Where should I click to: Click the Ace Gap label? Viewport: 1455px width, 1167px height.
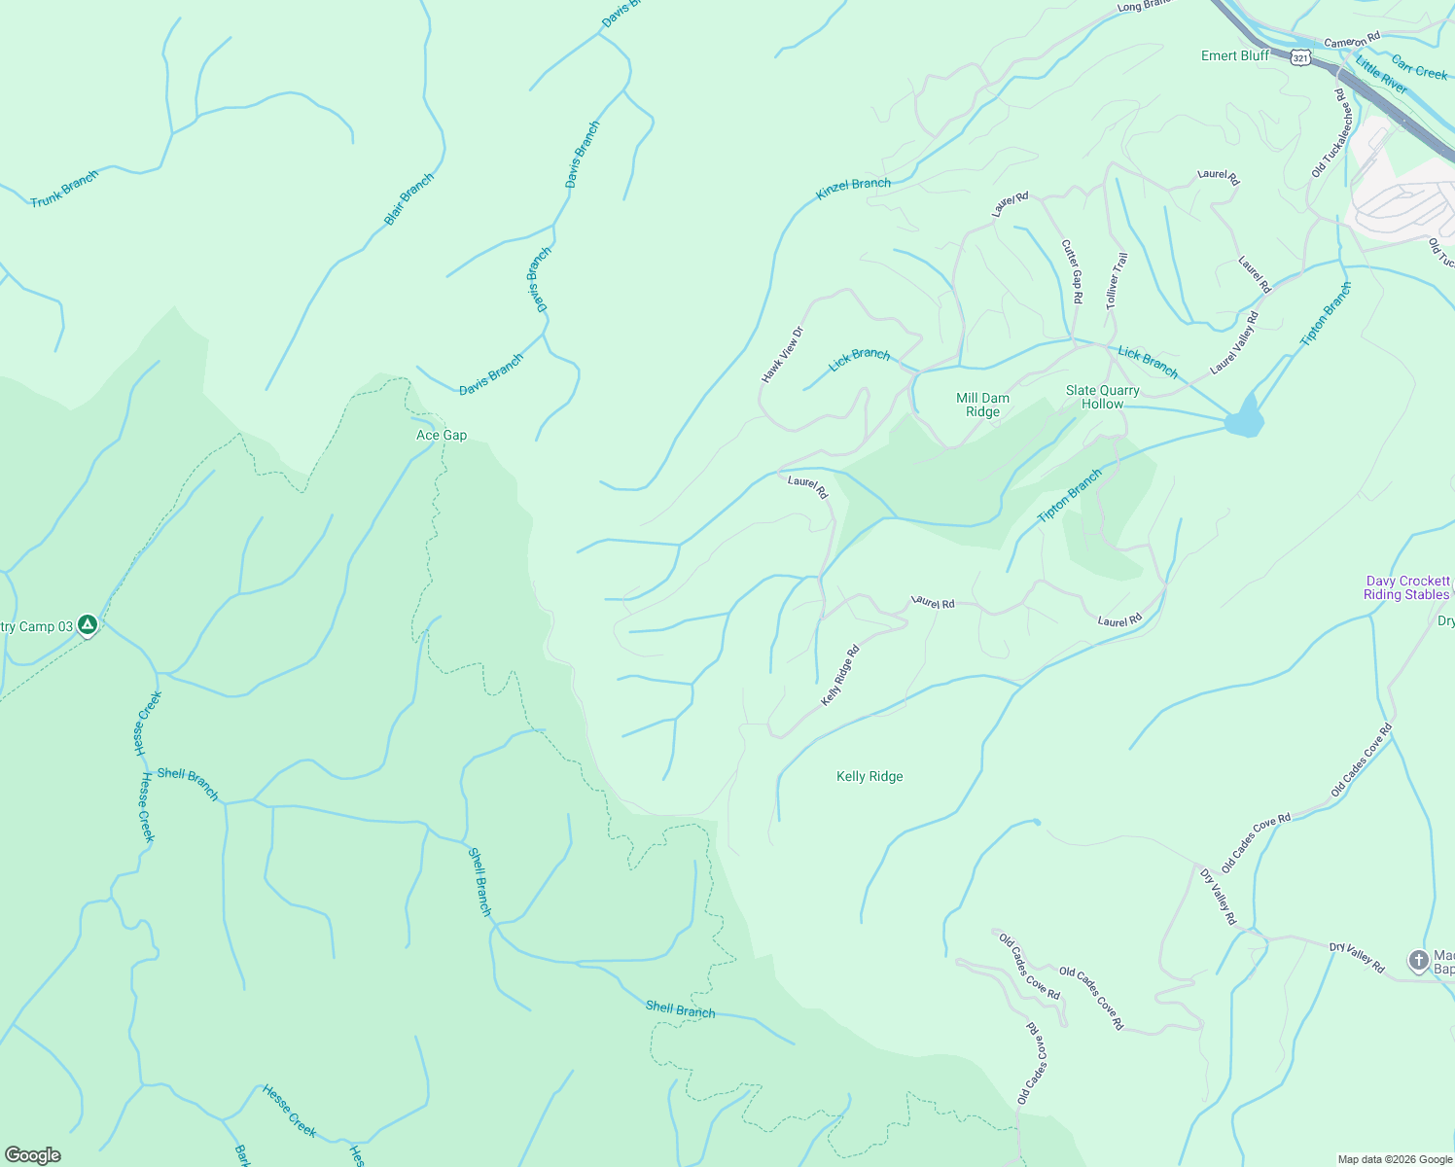pos(442,435)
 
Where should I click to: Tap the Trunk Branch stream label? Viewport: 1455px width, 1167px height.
pos(64,189)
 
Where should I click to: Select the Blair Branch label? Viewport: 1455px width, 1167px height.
pos(408,199)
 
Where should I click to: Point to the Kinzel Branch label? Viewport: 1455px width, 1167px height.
pos(853,190)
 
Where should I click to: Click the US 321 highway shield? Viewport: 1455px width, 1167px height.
pos(1301,58)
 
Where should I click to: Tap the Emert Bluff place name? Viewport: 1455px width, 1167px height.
pos(1234,55)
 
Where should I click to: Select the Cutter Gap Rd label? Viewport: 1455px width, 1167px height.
pos(1072,272)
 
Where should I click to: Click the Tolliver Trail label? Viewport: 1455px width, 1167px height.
pos(1117,281)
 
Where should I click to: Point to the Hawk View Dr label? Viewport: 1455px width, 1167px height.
pos(783,354)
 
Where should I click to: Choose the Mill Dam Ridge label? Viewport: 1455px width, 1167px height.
pos(982,405)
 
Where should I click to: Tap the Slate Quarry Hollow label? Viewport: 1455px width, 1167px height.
pos(1102,397)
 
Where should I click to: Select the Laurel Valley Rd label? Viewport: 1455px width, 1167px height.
pos(1234,343)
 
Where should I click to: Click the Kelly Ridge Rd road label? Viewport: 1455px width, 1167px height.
pos(840,676)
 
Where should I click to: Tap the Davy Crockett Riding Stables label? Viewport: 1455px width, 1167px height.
pos(1406,587)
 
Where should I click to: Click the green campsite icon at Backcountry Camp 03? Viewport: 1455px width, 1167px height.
pos(88,625)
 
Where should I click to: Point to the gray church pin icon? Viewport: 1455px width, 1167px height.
pos(1418,961)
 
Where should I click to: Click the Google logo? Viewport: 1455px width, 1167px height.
pos(33,1154)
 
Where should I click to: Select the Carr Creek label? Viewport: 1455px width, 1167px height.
pos(1419,67)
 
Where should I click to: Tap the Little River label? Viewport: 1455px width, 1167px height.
pos(1381,76)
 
